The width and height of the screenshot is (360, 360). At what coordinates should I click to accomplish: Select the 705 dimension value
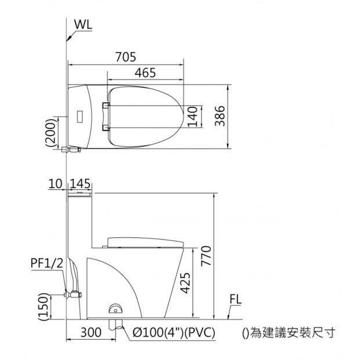[125, 57]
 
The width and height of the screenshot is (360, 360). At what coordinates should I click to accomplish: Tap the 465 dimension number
[145, 73]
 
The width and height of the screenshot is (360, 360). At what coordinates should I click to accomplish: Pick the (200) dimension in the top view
[51, 132]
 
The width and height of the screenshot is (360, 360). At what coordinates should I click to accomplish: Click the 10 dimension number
[55, 184]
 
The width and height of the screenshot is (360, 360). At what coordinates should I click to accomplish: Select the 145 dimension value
[80, 184]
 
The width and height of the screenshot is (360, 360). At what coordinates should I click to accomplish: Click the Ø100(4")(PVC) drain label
[174, 333]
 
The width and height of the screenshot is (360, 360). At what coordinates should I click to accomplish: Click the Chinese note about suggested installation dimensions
[288, 333]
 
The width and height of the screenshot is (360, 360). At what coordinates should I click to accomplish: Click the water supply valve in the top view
[70, 149]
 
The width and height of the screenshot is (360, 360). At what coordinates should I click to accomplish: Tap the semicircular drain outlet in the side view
[117, 308]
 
